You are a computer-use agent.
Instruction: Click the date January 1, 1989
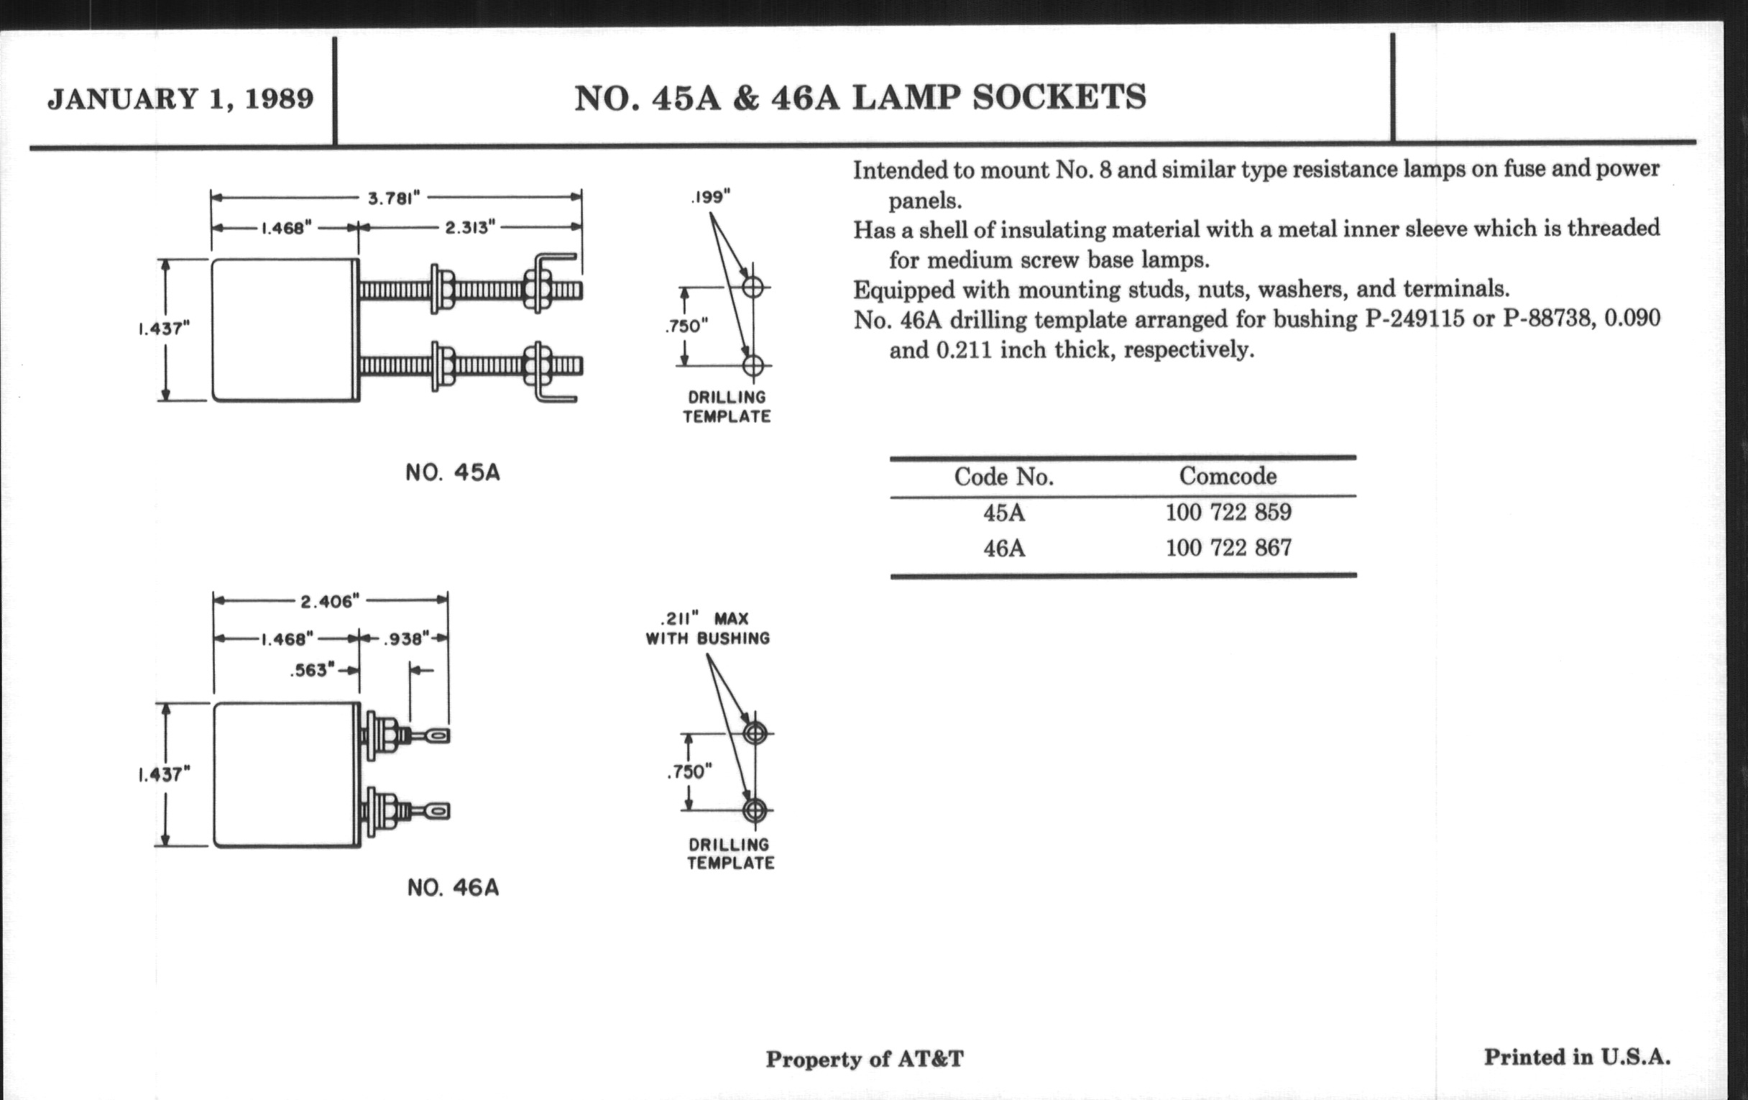[x=180, y=98]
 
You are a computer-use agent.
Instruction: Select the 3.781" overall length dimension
[x=394, y=198]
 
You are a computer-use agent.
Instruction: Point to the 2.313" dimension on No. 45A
[x=469, y=227]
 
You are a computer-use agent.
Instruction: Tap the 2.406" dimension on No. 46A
[x=331, y=601]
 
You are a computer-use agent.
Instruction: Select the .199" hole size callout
[x=711, y=197]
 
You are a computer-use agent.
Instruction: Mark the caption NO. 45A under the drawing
[x=453, y=472]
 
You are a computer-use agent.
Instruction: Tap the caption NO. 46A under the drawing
[x=453, y=887]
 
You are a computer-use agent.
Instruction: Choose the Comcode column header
[x=1228, y=476]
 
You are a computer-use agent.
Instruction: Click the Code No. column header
[x=1003, y=477]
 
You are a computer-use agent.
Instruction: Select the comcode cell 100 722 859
[x=1228, y=513]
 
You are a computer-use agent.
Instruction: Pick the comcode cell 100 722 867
[x=1228, y=547]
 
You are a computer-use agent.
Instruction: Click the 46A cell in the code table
[x=1004, y=548]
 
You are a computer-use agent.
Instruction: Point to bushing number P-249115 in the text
[x=1414, y=319]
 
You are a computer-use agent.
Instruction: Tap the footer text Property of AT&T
[x=864, y=1059]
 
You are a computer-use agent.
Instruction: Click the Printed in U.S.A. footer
[x=1577, y=1057]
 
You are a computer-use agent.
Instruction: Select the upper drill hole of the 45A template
[x=753, y=287]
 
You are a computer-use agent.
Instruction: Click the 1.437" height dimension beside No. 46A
[x=164, y=775]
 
